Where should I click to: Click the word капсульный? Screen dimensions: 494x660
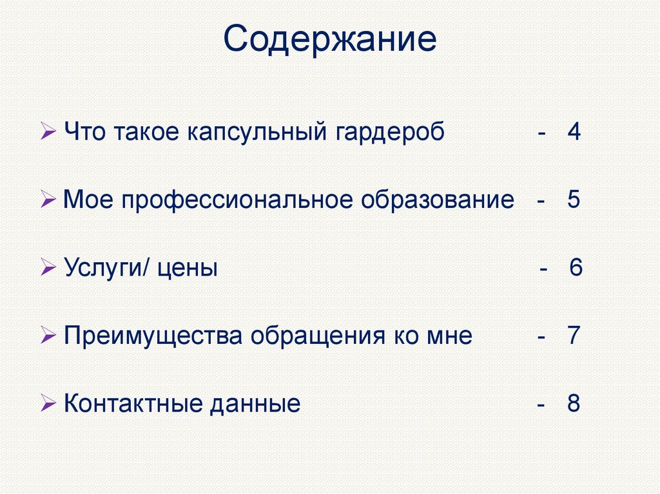(x=260, y=133)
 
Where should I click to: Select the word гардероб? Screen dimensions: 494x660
(x=390, y=133)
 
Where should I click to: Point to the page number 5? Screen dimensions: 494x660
(x=574, y=200)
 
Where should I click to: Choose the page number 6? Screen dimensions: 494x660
(x=576, y=268)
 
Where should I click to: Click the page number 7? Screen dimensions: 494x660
(x=574, y=336)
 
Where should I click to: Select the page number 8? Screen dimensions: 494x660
(x=574, y=404)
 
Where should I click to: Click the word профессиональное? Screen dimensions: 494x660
(x=235, y=200)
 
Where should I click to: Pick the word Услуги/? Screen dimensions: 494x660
(x=108, y=269)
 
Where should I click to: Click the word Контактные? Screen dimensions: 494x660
(x=134, y=404)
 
